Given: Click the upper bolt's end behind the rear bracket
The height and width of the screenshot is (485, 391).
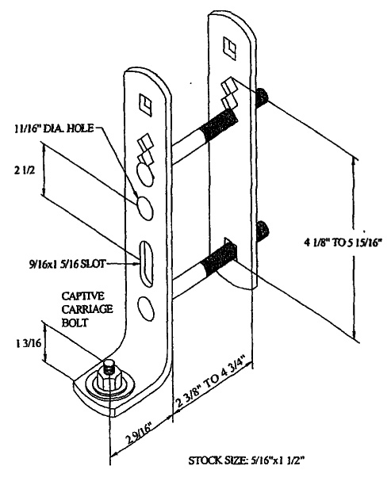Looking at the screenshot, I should tap(262, 97).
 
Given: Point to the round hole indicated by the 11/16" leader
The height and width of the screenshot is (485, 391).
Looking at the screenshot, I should tap(144, 208).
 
